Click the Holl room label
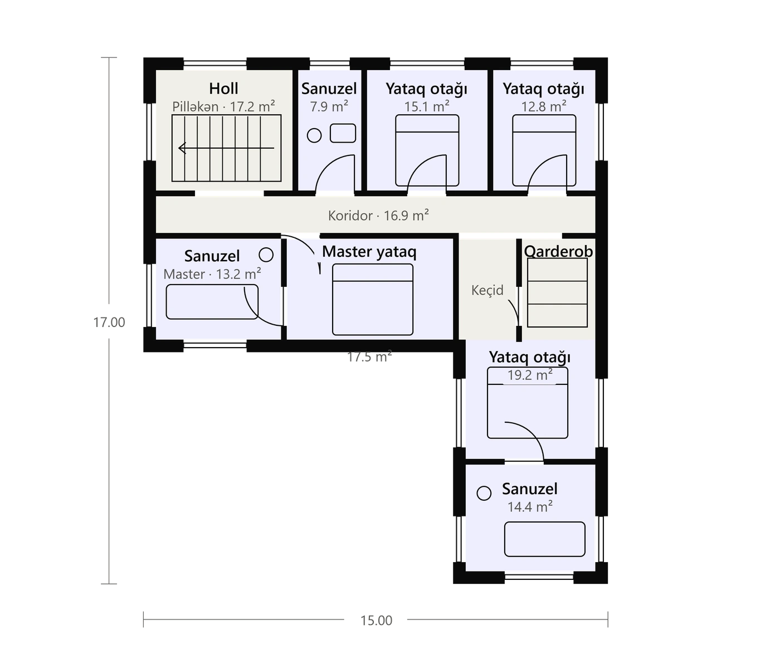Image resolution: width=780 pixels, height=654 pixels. click(x=223, y=89)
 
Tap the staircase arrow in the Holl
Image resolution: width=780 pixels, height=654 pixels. click(x=226, y=148)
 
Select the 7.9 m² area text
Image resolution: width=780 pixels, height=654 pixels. click(x=329, y=107)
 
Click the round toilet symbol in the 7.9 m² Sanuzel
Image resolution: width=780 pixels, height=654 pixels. click(x=314, y=135)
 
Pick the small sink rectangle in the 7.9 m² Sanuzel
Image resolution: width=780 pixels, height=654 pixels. click(x=343, y=133)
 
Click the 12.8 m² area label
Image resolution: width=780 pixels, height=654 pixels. click(x=544, y=107)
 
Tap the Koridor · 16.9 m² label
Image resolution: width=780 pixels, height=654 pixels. click(x=378, y=216)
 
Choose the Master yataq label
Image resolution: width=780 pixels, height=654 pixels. click(x=369, y=252)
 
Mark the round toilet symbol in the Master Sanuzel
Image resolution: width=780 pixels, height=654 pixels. click(x=266, y=255)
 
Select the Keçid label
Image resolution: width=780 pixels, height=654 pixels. click(x=487, y=290)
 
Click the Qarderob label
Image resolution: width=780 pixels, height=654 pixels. click(x=558, y=251)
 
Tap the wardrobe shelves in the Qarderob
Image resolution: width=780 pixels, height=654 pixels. click(x=557, y=293)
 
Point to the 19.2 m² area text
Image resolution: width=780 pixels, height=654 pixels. click(x=530, y=375)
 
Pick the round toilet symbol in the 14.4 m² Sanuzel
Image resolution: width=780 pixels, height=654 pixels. click(x=484, y=494)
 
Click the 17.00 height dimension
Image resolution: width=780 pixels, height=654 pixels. click(x=109, y=322)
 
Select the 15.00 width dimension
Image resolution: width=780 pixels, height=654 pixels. click(x=376, y=621)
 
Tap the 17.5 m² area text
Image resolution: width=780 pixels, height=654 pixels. click(x=369, y=357)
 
